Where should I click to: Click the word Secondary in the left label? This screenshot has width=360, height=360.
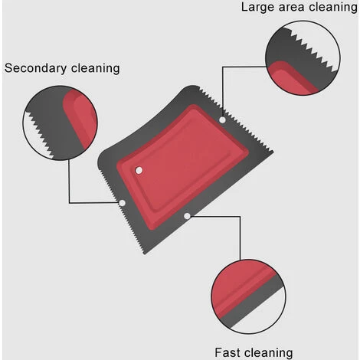point(35,68)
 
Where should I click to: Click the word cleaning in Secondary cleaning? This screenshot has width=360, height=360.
point(95,68)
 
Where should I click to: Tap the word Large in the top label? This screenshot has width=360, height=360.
point(257,8)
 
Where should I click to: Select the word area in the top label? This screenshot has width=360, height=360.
point(291,8)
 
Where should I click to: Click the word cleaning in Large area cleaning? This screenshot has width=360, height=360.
point(333,7)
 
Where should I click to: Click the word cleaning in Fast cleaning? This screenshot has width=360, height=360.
point(268,353)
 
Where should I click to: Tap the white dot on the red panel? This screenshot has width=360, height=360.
point(139,170)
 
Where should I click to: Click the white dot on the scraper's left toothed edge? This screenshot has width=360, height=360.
point(123,203)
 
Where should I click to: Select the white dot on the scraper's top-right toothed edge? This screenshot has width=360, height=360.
point(222,119)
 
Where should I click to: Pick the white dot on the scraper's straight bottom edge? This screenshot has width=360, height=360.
point(187,216)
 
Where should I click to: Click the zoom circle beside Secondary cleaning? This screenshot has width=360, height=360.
point(60,85)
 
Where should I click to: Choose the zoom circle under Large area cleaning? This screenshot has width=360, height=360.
point(303,21)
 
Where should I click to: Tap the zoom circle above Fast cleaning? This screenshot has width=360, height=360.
point(249,259)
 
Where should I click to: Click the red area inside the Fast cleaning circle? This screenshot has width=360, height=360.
point(237,286)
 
